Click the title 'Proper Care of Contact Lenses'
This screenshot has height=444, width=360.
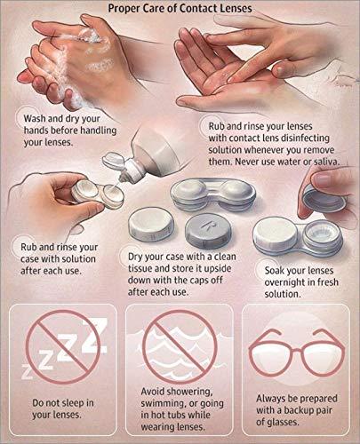point(180,9)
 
